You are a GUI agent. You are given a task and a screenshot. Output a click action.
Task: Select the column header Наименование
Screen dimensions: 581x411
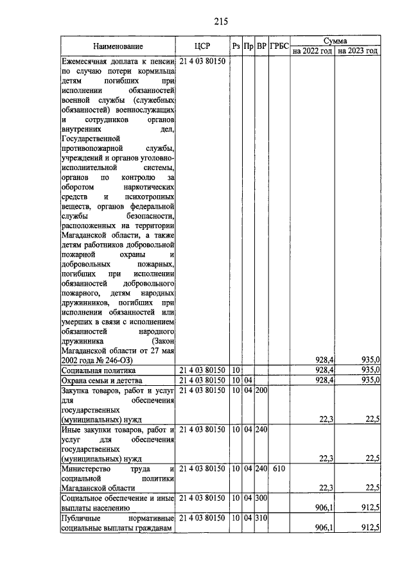pyautogui.click(x=118, y=46)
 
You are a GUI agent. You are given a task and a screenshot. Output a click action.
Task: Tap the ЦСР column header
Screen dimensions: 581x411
pyautogui.click(x=202, y=46)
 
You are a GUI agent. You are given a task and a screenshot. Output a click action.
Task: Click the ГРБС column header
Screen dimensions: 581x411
pyautogui.click(x=279, y=46)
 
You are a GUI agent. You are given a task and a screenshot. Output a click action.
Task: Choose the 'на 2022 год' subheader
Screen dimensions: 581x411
pyautogui.click(x=311, y=51)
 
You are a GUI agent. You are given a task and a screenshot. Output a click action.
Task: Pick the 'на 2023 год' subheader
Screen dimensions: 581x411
pyautogui.click(x=358, y=51)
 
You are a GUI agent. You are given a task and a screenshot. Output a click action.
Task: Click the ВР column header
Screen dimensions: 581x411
pyautogui.click(x=261, y=46)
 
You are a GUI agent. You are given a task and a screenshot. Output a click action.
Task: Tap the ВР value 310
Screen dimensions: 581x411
pyautogui.click(x=261, y=519)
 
